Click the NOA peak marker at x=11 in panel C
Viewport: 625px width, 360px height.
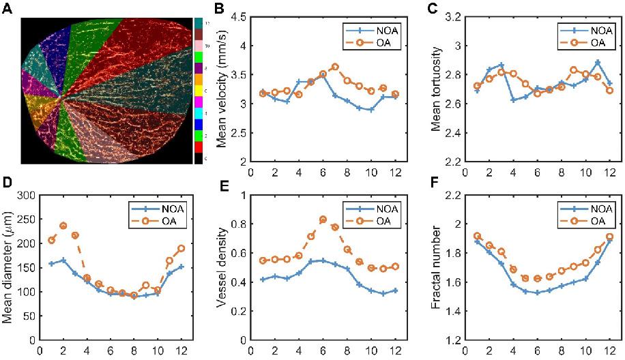[x=598, y=62]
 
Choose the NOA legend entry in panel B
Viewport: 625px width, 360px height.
[x=368, y=32]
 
